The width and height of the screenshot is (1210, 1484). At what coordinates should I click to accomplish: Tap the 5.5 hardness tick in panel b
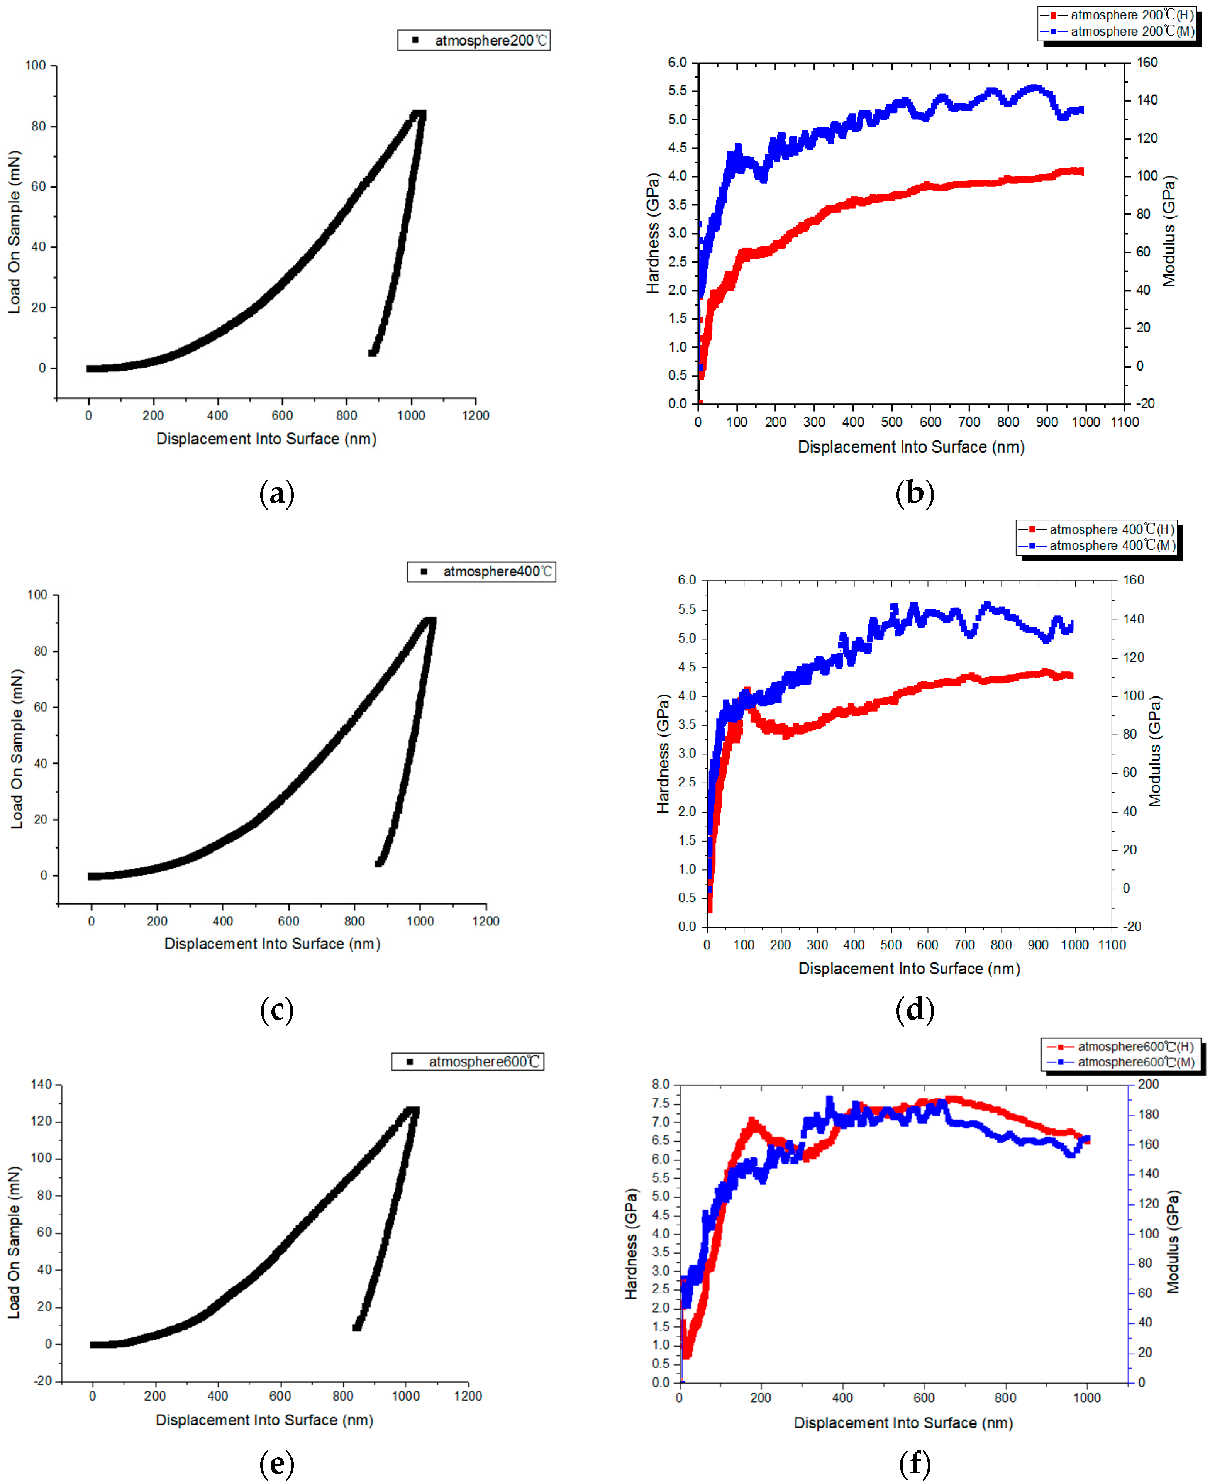[x=677, y=91]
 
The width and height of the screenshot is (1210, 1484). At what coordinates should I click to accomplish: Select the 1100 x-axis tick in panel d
[x=1112, y=945]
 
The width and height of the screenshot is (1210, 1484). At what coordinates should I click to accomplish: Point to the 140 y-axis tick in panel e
[x=41, y=1084]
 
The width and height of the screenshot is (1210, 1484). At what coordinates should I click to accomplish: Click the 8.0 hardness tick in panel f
[x=660, y=1084]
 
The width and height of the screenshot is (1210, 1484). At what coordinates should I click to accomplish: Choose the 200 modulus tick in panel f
[x=1148, y=1084]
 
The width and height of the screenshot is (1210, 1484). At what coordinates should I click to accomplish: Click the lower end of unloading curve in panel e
[x=357, y=1327]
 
